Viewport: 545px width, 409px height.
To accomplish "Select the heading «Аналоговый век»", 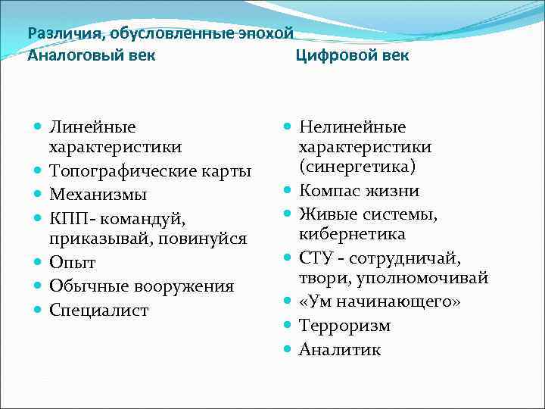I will [x=92, y=55].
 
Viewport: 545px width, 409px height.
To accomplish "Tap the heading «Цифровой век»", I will [x=352, y=55].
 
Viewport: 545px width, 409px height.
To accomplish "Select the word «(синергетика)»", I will [x=351, y=166].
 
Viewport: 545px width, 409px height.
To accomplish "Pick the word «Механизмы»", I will [x=98, y=195].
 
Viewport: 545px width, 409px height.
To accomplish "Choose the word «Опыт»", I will [x=72, y=263].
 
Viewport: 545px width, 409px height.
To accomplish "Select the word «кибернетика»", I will [x=352, y=234].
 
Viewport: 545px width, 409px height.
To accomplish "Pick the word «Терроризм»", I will [x=345, y=326].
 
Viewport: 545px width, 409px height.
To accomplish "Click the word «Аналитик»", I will [x=340, y=349].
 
